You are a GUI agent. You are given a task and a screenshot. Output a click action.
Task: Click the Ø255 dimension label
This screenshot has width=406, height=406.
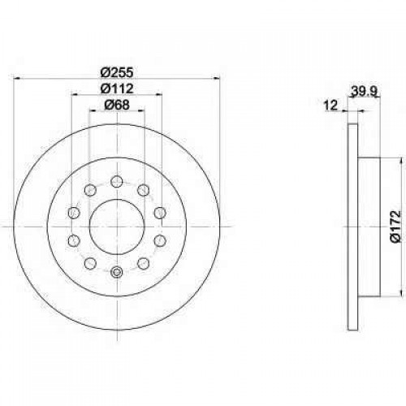[117, 72]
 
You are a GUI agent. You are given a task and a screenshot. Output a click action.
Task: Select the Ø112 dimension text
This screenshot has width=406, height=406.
[117, 89]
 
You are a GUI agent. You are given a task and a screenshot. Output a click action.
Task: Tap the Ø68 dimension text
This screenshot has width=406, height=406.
[117, 105]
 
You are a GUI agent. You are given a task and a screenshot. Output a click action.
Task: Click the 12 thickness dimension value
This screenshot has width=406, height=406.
[330, 105]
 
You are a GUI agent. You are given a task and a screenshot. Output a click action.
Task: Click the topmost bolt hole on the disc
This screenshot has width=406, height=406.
[117, 181]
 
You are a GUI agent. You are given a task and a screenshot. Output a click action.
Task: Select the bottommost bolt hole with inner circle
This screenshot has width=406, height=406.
[117, 271]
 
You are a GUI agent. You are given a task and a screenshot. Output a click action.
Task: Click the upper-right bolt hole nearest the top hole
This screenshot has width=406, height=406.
[144, 190]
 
